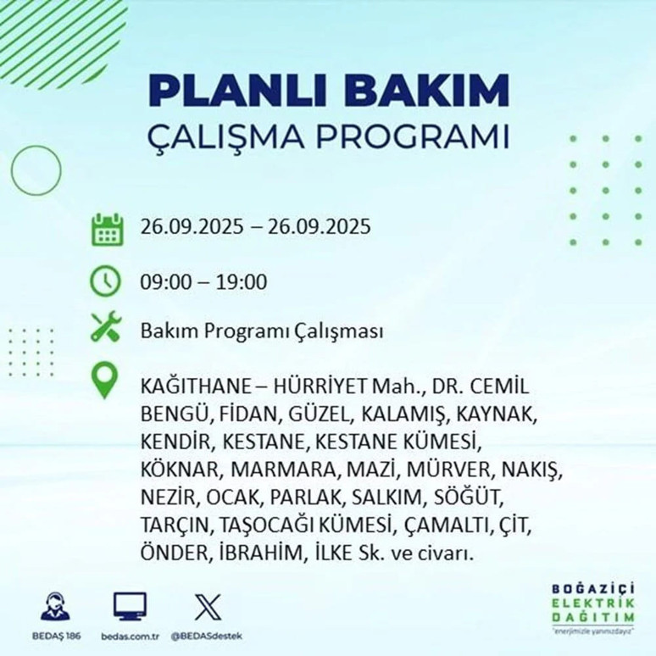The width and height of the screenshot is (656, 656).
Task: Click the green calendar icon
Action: (107, 230)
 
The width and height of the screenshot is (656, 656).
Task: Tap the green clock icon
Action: (106, 281)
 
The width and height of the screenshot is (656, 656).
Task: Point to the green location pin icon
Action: (105, 381)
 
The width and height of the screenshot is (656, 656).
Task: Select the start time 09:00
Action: (164, 281)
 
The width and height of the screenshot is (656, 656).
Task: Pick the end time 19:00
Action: (242, 281)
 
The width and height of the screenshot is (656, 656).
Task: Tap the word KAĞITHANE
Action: (192, 386)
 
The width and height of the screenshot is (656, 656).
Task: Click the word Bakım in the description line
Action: (165, 331)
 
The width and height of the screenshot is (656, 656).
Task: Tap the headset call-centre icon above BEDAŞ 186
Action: (56, 607)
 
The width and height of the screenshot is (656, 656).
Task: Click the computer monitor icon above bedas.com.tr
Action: (130, 606)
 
